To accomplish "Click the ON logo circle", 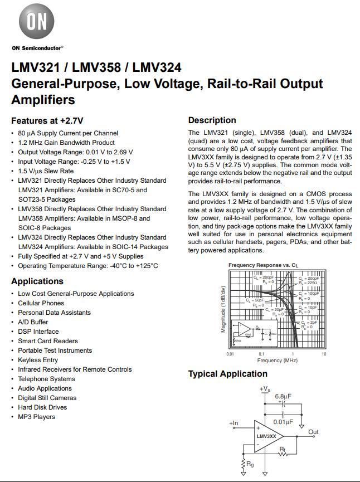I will [37, 23].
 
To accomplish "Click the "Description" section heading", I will [212, 120].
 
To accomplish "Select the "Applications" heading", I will [37, 281].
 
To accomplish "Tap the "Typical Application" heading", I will [227, 374].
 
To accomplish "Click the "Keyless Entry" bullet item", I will [38, 360].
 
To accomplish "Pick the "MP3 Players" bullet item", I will [36, 417].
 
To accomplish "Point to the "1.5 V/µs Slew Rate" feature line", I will [46, 171].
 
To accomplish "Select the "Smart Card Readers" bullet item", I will [48, 341].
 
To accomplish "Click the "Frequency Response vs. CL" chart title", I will [263, 265].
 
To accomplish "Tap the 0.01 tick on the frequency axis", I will [230, 354].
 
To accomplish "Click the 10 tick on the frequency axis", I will [324, 354].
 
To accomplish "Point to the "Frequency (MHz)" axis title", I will [277, 361].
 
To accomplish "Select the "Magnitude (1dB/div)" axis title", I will [223, 309].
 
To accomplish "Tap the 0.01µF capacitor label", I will [283, 422].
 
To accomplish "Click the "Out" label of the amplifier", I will [313, 432].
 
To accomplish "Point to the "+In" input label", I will [233, 423].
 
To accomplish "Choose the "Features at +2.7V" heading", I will [47, 120].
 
